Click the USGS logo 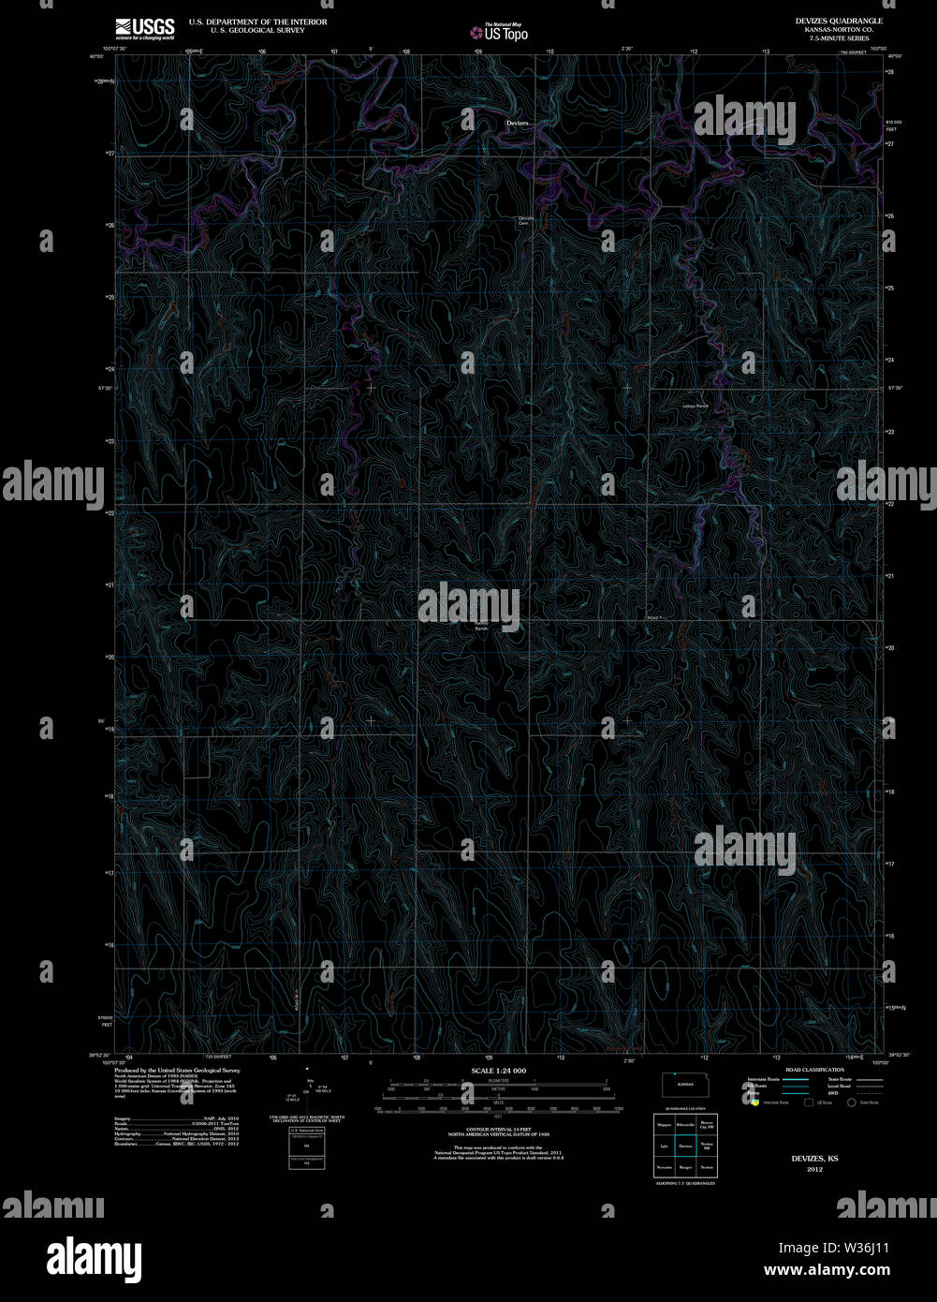coord(145,28)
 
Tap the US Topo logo coord(499,32)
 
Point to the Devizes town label coord(518,123)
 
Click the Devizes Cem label coord(525,220)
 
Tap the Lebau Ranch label coord(695,406)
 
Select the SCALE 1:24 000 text coord(498,1070)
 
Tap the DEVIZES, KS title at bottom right coord(814,1159)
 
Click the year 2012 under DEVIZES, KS coord(814,1169)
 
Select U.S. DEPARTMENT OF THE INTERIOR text coord(257,22)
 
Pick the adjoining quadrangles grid coord(685,1145)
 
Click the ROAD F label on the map coord(654,617)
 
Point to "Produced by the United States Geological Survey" coord(177,1070)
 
